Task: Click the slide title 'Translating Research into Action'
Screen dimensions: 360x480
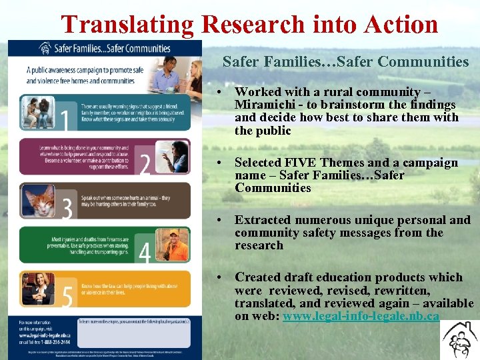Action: pyautogui.click(x=249, y=25)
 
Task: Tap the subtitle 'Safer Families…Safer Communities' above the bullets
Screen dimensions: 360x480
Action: pyautogui.click(x=345, y=62)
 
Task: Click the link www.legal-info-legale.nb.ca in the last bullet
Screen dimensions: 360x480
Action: pyautogui.click(x=361, y=316)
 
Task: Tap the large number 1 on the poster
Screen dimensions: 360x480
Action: pyautogui.click(x=64, y=118)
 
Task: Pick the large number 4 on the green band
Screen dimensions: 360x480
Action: pyautogui.click(x=145, y=251)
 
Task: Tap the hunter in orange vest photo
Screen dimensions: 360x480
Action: pyautogui.click(x=175, y=244)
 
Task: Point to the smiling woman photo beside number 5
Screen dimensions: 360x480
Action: pyautogui.click(x=37, y=288)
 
